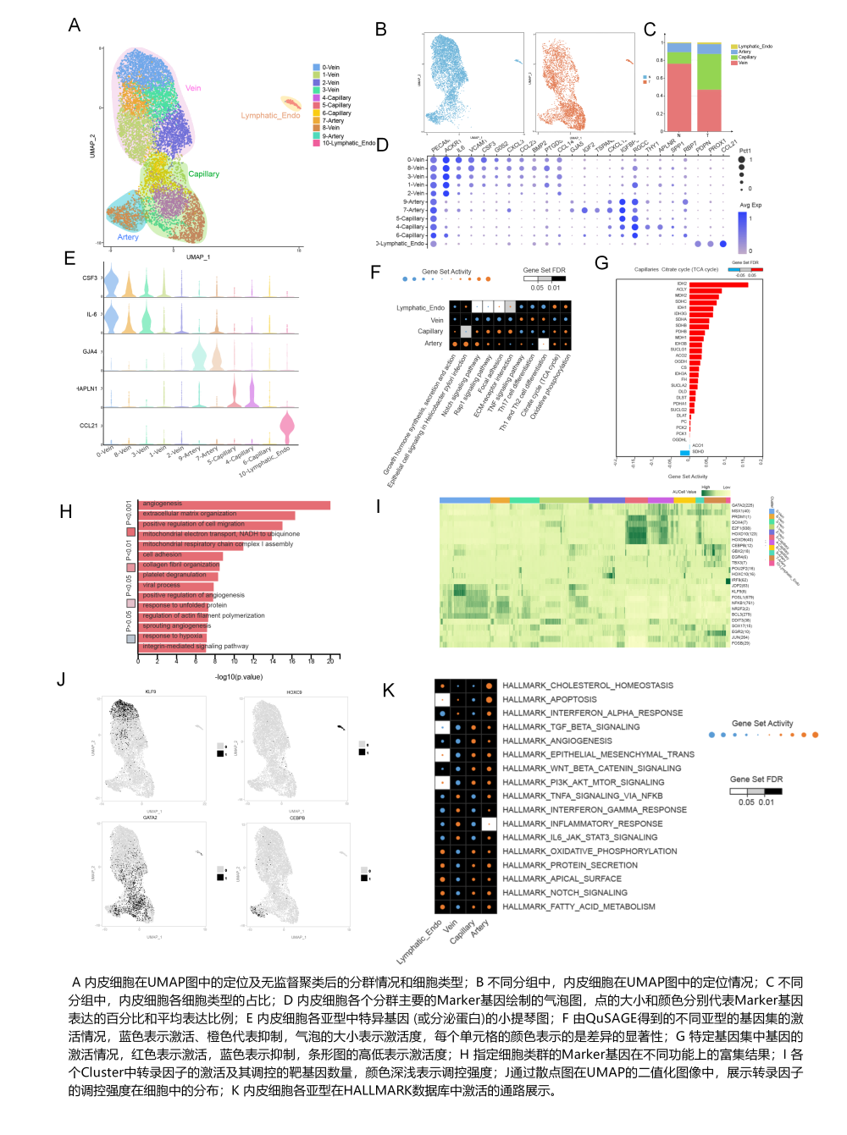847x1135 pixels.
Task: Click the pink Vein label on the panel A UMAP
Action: [x=193, y=88]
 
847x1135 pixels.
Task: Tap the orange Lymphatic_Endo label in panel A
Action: [x=270, y=116]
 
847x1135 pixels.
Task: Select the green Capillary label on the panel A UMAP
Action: [x=203, y=174]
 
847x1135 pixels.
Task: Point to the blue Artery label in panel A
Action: [x=128, y=238]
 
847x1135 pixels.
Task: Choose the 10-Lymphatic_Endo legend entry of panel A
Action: [x=348, y=144]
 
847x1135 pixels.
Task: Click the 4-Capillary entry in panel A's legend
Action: [x=336, y=98]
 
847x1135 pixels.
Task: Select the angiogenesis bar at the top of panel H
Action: [x=235, y=504]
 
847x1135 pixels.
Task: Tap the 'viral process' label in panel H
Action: [x=161, y=585]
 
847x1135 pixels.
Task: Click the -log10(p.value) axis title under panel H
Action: [x=239, y=677]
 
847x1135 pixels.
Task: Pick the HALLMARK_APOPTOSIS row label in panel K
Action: [x=550, y=700]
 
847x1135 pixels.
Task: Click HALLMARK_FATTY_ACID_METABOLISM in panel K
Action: [x=579, y=907]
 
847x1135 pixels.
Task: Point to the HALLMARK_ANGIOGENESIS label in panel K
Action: [x=557, y=741]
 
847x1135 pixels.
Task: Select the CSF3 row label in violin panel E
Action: [x=90, y=278]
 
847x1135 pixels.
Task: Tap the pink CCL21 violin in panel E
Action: [x=287, y=426]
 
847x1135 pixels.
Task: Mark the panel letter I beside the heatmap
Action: [x=379, y=507]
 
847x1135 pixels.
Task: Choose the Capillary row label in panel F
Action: [x=430, y=332]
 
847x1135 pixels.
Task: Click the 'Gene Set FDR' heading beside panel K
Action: [x=756, y=780]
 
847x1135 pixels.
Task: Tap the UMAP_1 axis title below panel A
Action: [x=198, y=257]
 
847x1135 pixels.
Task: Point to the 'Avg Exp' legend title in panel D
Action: [x=750, y=206]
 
